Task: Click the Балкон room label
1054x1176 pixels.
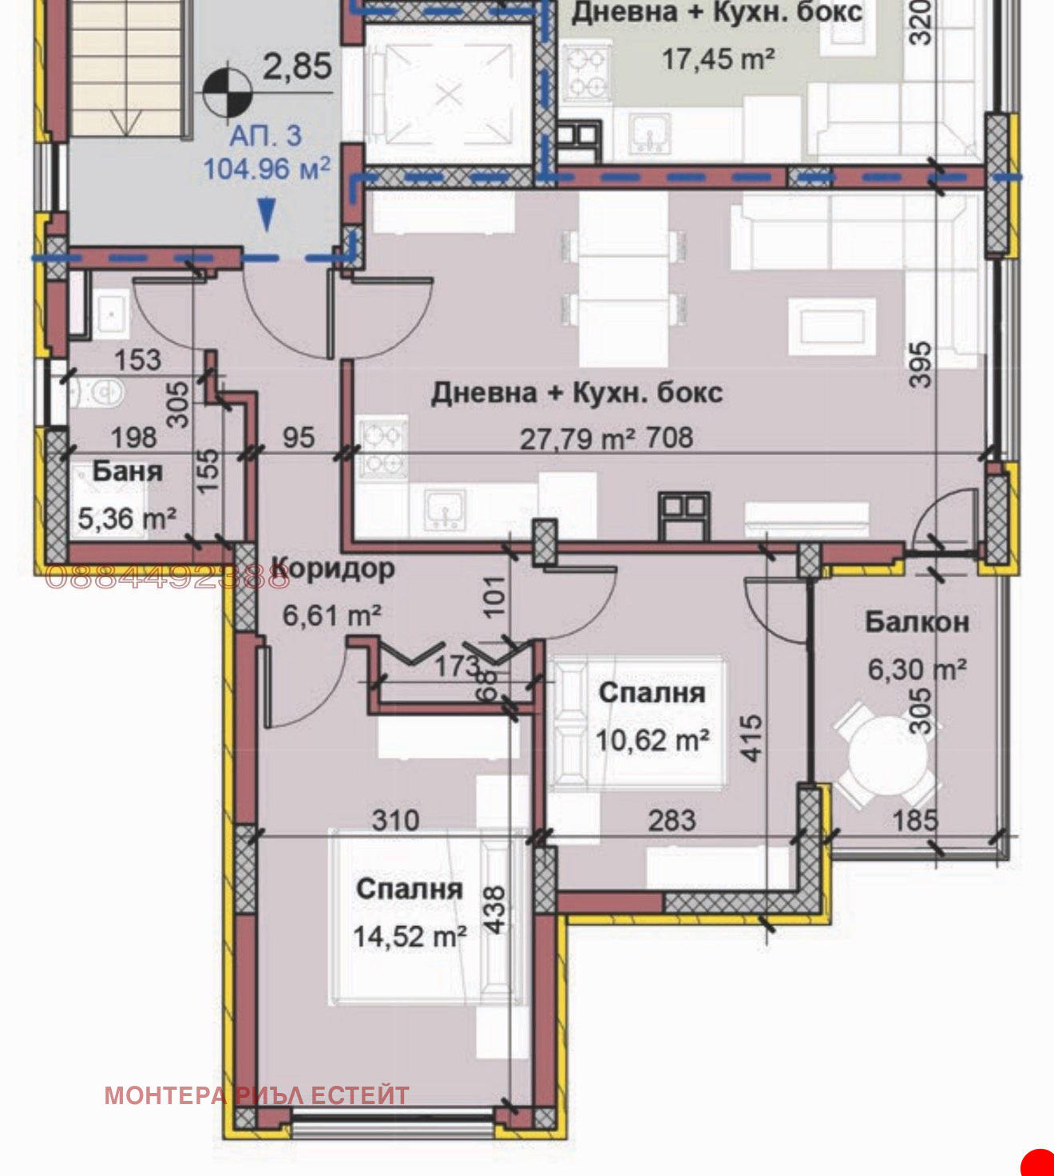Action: (x=917, y=622)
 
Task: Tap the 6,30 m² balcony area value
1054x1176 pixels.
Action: (x=917, y=669)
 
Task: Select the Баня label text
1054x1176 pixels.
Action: (x=127, y=471)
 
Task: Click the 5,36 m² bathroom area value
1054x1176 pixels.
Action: (x=126, y=519)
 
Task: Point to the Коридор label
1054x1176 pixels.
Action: (x=334, y=569)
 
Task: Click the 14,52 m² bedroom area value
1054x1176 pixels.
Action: (x=410, y=936)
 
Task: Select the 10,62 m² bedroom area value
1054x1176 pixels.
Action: (x=652, y=741)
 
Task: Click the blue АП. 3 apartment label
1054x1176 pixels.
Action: (x=266, y=136)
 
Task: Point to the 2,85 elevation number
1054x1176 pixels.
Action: (x=297, y=66)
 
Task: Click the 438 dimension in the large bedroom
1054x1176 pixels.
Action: (x=495, y=909)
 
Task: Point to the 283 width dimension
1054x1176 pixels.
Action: (x=672, y=820)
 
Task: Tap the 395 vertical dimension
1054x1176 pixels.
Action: (x=921, y=365)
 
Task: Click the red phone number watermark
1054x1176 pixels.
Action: (x=166, y=576)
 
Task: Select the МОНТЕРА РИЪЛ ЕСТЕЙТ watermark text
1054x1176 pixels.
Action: (x=256, y=1095)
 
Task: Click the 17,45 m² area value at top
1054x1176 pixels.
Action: (x=718, y=58)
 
